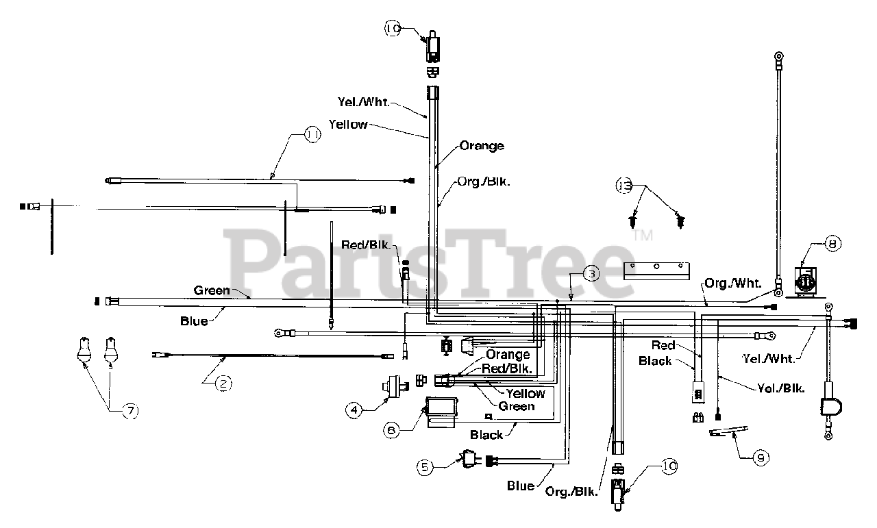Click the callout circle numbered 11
pyautogui.click(x=312, y=136)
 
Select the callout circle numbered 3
pyautogui.click(x=592, y=273)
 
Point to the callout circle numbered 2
pyautogui.click(x=223, y=384)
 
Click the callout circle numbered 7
pyautogui.click(x=129, y=410)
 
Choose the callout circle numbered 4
pyautogui.click(x=354, y=410)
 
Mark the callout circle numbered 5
pyautogui.click(x=425, y=467)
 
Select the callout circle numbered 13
pyautogui.click(x=624, y=186)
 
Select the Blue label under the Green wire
pyautogui.click(x=194, y=320)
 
